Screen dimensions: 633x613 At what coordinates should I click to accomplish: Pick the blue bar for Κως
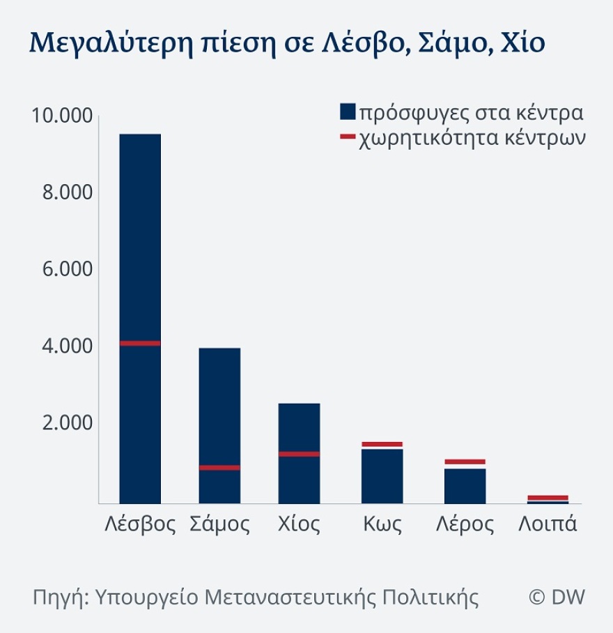click(382, 475)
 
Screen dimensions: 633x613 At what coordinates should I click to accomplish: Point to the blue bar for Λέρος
click(465, 485)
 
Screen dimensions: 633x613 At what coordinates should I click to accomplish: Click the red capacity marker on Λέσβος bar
click(140, 343)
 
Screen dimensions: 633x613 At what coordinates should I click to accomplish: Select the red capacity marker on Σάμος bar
click(219, 468)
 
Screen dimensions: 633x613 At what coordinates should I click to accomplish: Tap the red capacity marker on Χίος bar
click(299, 454)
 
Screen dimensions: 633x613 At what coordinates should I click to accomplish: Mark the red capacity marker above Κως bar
click(382, 444)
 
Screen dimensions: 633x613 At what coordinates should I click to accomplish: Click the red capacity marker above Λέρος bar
click(465, 462)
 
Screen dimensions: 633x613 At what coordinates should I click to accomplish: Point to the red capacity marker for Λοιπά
click(548, 497)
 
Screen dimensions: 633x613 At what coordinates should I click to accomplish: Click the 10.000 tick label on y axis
click(61, 116)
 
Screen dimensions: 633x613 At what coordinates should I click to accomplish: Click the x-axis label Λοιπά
click(548, 524)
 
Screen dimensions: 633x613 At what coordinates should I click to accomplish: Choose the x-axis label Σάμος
click(219, 524)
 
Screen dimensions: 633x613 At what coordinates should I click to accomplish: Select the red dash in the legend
click(348, 137)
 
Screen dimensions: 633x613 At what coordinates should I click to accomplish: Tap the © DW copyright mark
click(557, 597)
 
